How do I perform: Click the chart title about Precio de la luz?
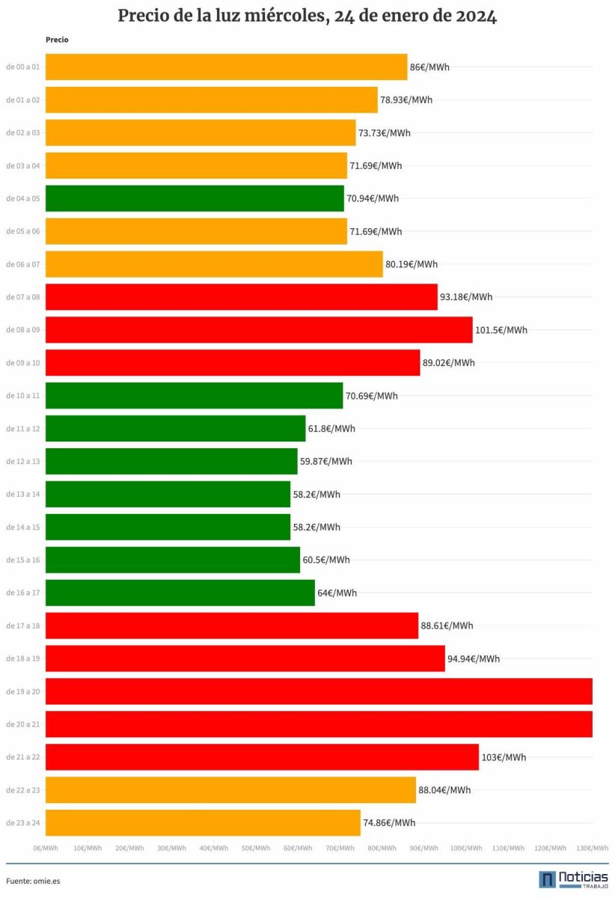(x=307, y=16)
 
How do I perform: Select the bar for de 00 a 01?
(x=227, y=67)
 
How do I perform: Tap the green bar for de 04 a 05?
(x=195, y=198)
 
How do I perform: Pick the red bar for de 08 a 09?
(x=259, y=330)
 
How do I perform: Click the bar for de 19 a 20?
(x=319, y=691)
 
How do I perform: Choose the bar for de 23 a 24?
(x=203, y=823)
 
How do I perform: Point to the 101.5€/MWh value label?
(x=501, y=330)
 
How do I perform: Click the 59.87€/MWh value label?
(x=326, y=462)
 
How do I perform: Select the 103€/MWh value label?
(x=504, y=757)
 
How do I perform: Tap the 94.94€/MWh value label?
(x=474, y=659)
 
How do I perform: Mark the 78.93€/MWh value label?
(x=406, y=100)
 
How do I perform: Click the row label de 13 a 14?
(x=23, y=495)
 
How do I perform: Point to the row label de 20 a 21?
(x=23, y=724)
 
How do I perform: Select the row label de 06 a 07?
(x=23, y=264)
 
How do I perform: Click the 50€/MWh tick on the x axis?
(x=256, y=849)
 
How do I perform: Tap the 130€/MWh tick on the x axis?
(x=592, y=849)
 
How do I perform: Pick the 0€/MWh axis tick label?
(x=46, y=849)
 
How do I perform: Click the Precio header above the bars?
(x=57, y=40)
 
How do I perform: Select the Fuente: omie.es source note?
(x=33, y=882)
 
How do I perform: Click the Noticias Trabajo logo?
(x=574, y=879)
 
